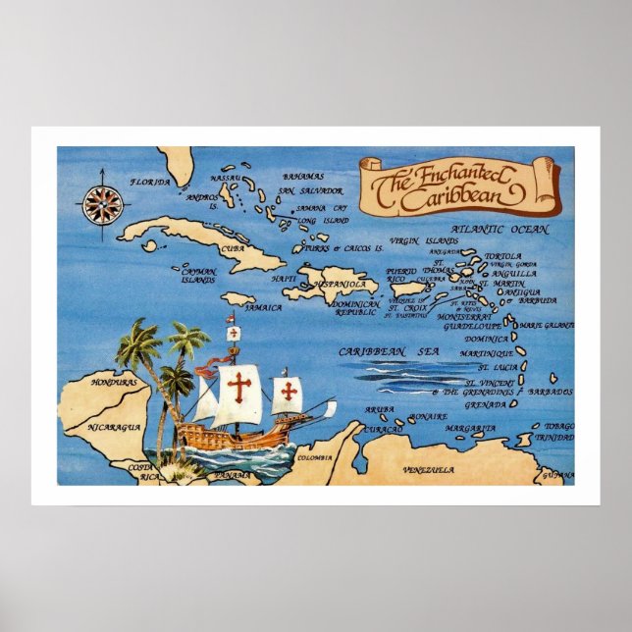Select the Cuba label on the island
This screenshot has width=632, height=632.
[231, 249]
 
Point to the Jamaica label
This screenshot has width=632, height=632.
[262, 307]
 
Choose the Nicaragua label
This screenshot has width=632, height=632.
[113, 427]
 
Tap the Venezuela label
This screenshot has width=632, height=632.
[428, 470]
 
